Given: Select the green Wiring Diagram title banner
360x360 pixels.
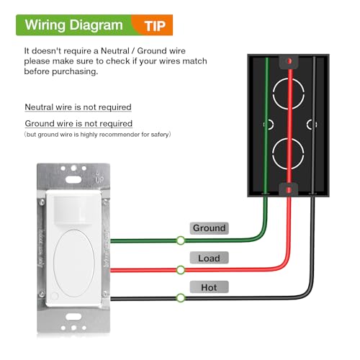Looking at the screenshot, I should (x=73, y=25).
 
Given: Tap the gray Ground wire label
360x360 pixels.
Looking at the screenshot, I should (x=210, y=228).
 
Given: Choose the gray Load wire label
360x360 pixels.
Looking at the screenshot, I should (x=209, y=258).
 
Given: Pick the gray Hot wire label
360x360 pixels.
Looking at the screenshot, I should (x=209, y=287).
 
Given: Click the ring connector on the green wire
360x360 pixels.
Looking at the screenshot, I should (x=180, y=240).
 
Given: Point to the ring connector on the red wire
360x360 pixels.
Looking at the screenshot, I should (x=180, y=269).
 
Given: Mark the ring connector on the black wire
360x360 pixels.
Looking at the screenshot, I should (x=180, y=298).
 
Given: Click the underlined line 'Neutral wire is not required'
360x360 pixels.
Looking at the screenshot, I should (x=78, y=107).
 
